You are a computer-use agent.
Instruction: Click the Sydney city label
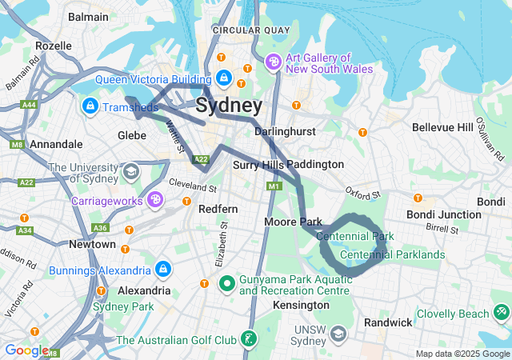[228, 106]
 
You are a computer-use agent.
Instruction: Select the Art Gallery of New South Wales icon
[272, 62]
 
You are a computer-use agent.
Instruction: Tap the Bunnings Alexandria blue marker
[163, 269]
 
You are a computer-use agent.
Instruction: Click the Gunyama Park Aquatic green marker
[226, 282]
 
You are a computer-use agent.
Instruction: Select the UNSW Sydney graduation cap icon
[338, 332]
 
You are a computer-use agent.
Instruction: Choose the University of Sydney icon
[130, 171]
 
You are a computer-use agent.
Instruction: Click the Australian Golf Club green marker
[250, 341]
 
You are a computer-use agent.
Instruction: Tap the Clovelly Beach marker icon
[501, 310]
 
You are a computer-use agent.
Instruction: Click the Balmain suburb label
[88, 16]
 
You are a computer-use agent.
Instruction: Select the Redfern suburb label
[218, 209]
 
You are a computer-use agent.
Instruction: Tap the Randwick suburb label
[388, 322]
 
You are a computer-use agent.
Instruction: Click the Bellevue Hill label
[442, 127]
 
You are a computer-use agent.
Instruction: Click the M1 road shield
[274, 186]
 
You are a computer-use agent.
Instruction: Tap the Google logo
[26, 350]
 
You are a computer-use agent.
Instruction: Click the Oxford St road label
[362, 193]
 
